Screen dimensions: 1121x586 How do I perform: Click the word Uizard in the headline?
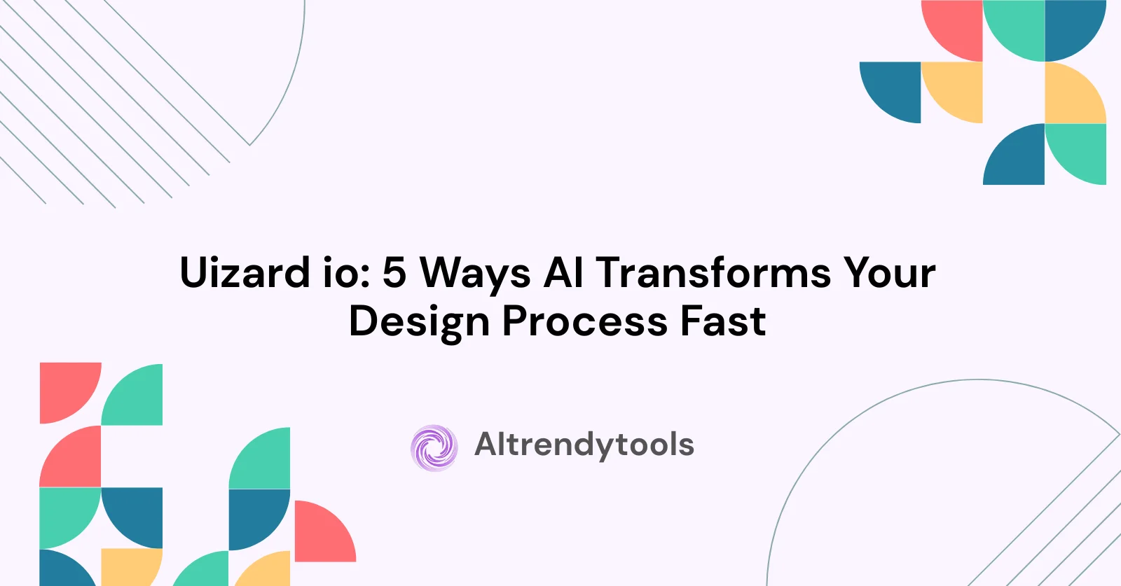(x=245, y=272)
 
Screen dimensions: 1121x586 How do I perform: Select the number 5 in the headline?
(x=394, y=273)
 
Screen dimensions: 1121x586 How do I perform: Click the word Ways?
(x=475, y=276)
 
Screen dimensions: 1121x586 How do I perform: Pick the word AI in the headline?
(x=563, y=273)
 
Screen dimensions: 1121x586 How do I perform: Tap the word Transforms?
(x=713, y=273)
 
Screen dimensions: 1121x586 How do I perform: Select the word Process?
(x=584, y=321)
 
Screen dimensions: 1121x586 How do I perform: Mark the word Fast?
(x=723, y=321)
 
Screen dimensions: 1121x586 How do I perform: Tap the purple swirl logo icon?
(x=434, y=448)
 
